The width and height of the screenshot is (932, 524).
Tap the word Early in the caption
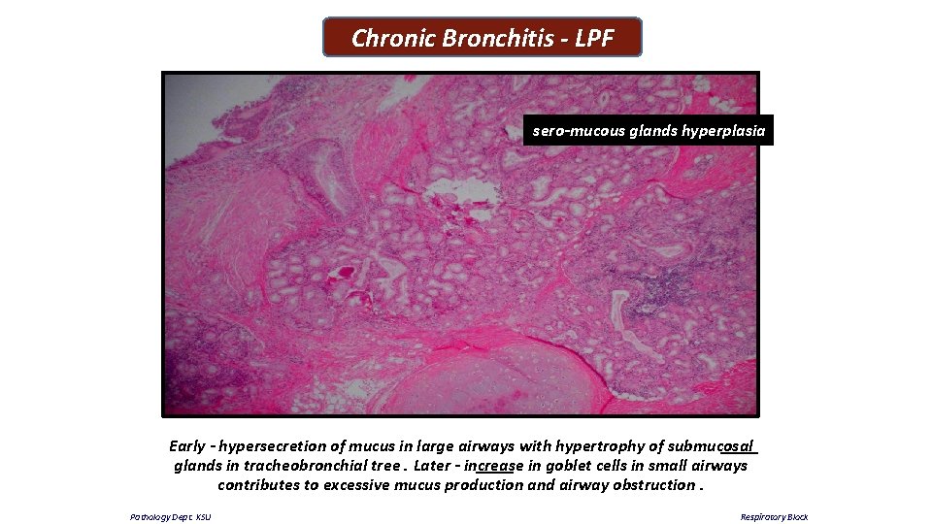click(186, 446)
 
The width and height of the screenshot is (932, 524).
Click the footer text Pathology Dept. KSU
click(171, 517)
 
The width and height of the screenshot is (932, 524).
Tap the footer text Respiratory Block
click(774, 517)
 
